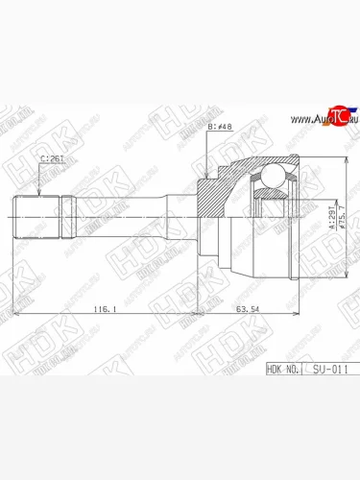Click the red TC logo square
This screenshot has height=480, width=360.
[x=334, y=115]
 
